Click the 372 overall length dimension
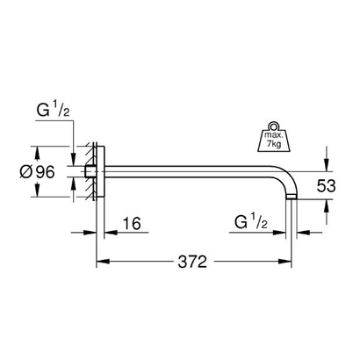point(193,262)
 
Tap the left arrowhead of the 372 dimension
point(101,262)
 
